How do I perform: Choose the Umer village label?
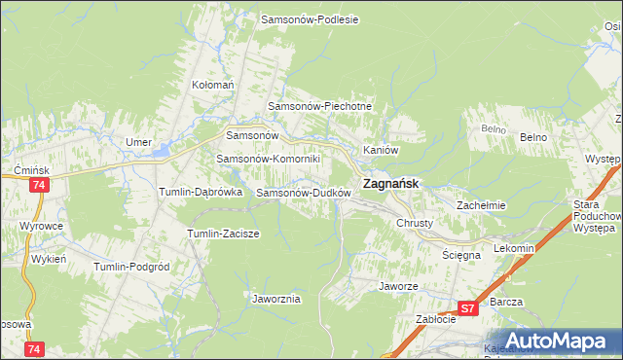point(138,142)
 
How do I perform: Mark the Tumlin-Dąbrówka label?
point(201,193)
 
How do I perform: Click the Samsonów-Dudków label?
point(303,193)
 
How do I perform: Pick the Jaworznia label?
point(275,299)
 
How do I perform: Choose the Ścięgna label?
point(462,254)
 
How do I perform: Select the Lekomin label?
point(514,248)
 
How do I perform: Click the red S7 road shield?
point(468,309)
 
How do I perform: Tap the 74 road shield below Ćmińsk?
point(39,185)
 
